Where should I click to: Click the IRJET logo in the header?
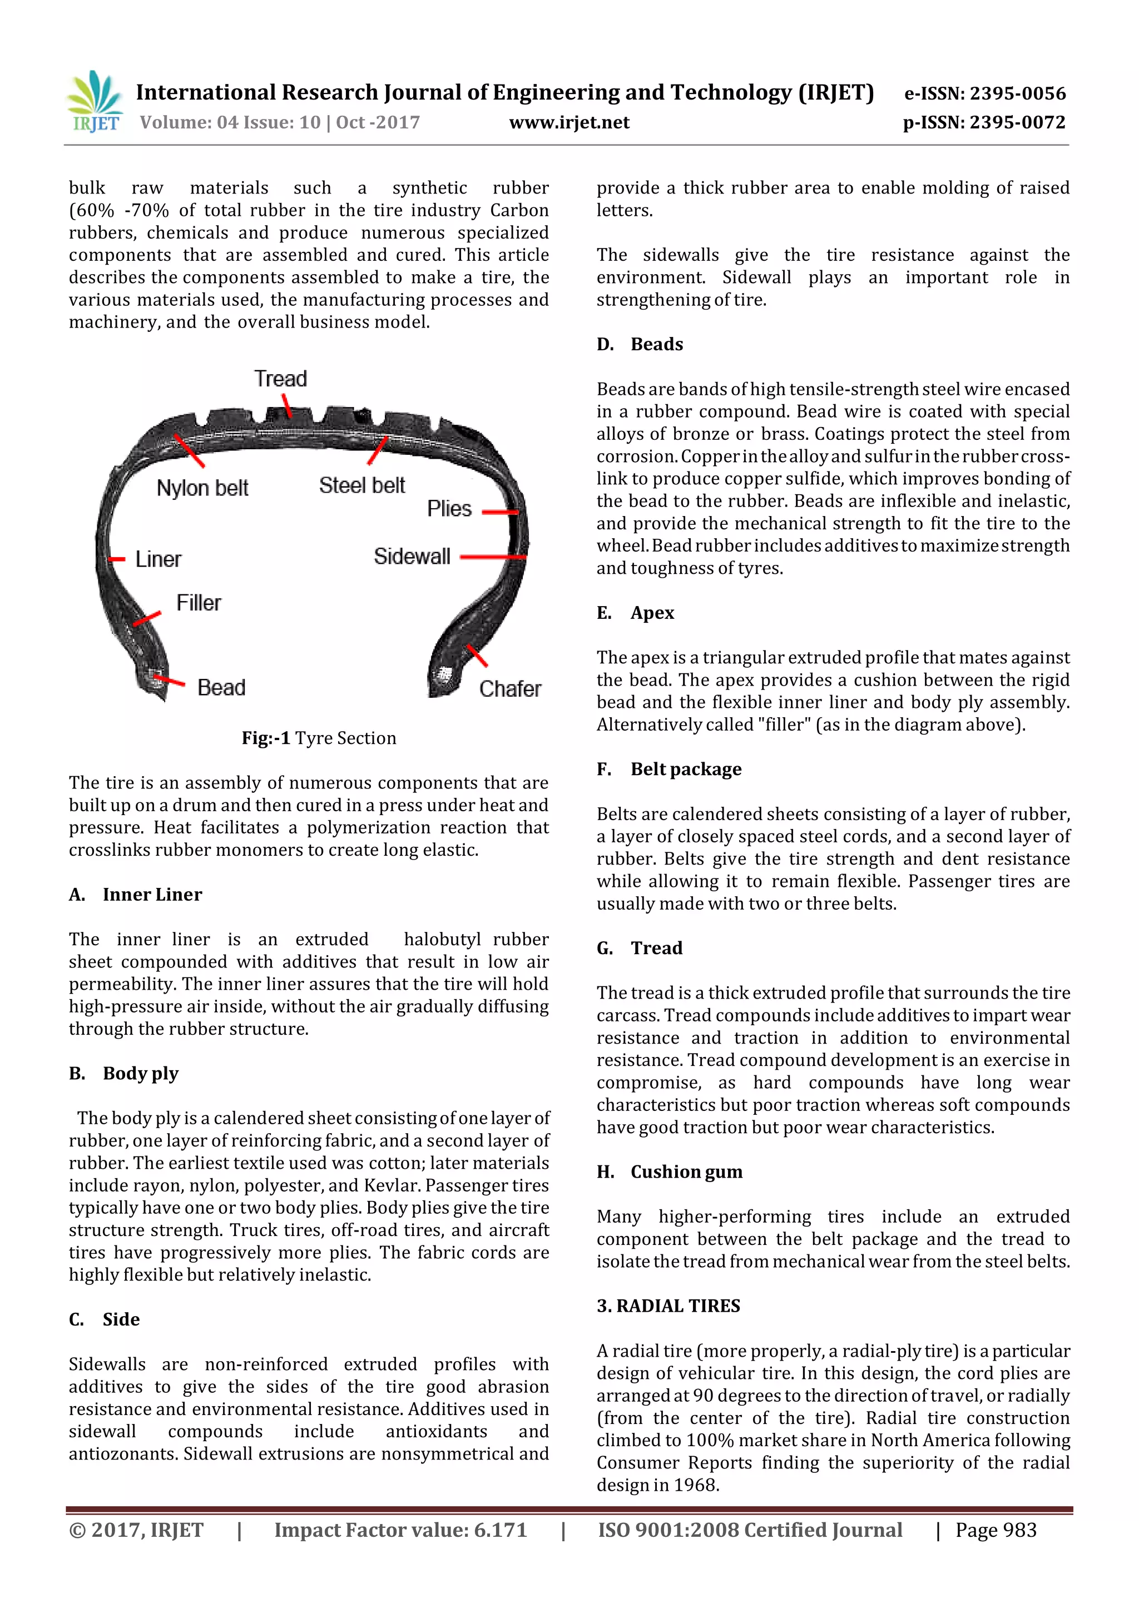point(95,102)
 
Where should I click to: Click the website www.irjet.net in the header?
point(569,123)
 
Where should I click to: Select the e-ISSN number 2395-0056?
point(985,93)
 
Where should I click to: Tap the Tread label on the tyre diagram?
point(280,379)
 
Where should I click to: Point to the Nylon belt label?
point(202,488)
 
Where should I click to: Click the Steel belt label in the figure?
point(362,485)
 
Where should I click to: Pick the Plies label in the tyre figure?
point(449,508)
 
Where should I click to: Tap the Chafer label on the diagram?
point(510,689)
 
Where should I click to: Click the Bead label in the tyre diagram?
point(221,687)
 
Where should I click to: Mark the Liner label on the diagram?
point(158,559)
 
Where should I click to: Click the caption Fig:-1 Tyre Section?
point(319,738)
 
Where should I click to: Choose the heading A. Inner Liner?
point(136,894)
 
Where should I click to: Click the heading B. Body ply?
point(124,1073)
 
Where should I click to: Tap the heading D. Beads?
point(640,344)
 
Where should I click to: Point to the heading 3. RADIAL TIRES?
point(668,1306)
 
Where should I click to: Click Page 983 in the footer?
point(995,1530)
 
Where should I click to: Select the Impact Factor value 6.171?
point(400,1530)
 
